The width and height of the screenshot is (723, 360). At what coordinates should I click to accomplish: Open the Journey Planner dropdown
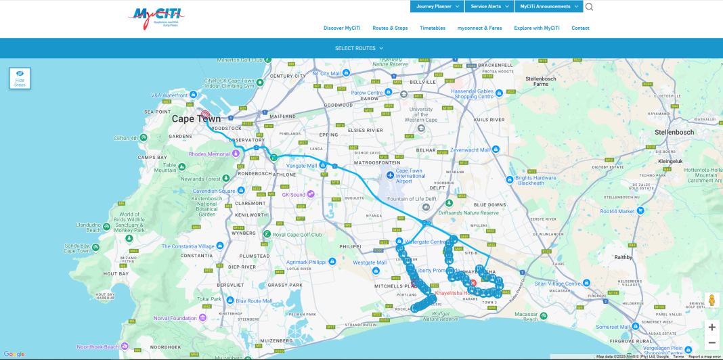[x=437, y=6]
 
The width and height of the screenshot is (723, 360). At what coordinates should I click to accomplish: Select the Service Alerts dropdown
[x=489, y=6]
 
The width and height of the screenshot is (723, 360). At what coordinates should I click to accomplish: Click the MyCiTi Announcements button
[x=548, y=6]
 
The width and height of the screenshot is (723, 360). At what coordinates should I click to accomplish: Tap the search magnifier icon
[x=589, y=7]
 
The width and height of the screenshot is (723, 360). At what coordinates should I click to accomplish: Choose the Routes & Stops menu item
[x=390, y=28]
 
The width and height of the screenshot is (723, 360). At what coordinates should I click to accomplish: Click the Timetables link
[x=433, y=28]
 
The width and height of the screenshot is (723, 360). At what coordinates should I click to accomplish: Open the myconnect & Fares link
[x=479, y=28]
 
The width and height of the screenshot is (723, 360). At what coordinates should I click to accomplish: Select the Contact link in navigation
[x=580, y=28]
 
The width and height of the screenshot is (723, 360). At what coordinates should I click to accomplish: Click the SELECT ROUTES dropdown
[x=359, y=48]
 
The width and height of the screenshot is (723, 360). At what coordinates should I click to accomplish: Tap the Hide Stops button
[x=20, y=78]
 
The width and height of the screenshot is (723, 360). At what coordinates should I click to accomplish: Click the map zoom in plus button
[x=711, y=327]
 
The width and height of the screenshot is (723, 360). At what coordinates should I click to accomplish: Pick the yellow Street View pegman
[x=711, y=300]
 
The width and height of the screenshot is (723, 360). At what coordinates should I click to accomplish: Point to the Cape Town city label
[x=196, y=119]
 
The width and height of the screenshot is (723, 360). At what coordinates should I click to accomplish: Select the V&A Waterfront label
[x=169, y=95]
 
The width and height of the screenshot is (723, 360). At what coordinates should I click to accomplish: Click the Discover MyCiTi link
[x=342, y=28]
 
